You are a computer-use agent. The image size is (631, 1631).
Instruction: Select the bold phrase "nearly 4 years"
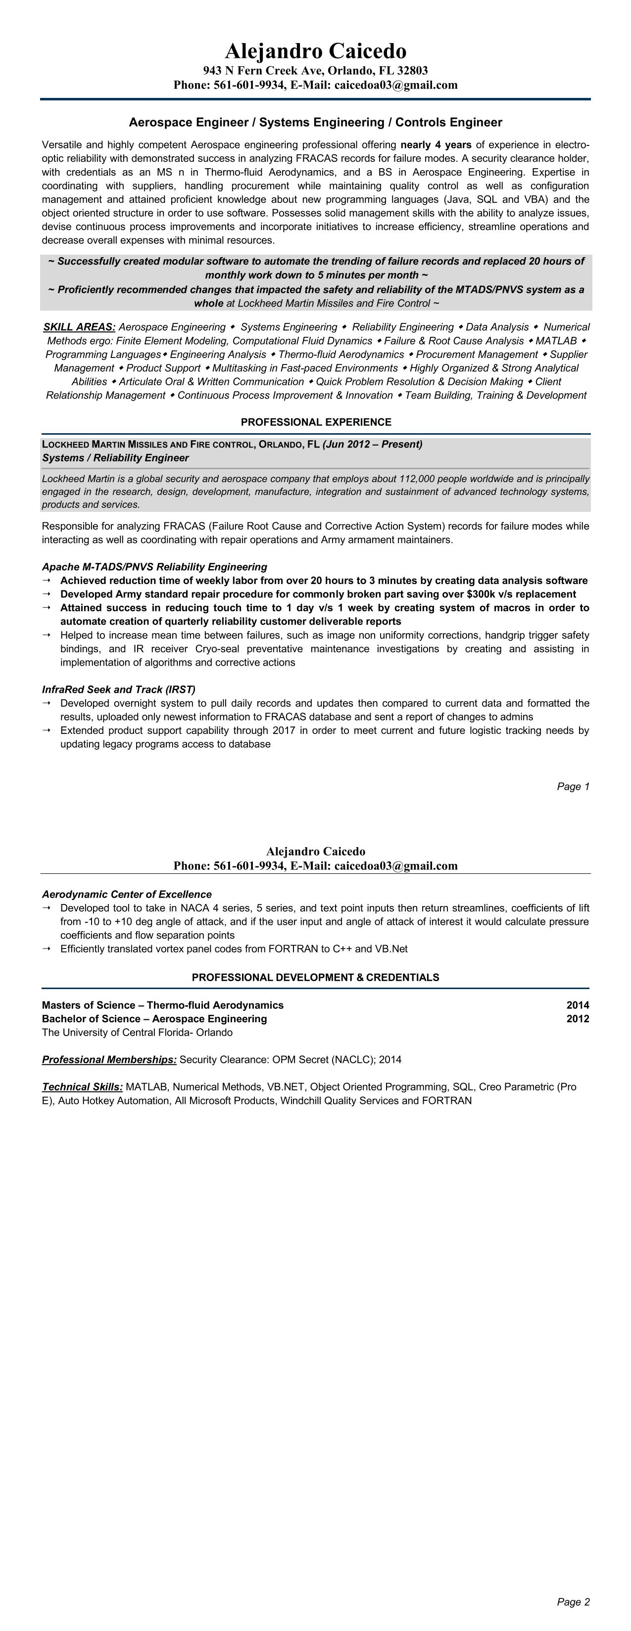point(436,145)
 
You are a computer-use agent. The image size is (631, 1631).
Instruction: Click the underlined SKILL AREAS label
point(79,327)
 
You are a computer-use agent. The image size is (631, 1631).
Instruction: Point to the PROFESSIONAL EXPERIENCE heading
point(316,422)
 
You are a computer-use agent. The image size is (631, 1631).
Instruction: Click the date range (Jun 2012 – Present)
point(373,444)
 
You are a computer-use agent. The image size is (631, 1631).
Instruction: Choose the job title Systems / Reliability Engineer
point(115,458)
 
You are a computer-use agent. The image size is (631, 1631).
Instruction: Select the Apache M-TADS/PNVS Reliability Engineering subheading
point(154,567)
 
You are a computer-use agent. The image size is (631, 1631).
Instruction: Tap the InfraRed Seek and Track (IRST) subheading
point(118,689)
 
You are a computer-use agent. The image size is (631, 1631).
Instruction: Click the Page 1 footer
point(573,786)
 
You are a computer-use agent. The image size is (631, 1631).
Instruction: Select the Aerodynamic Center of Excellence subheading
point(127,894)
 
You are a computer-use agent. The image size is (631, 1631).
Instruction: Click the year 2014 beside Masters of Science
point(577,1005)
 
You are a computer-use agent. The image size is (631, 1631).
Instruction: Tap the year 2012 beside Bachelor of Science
point(577,1019)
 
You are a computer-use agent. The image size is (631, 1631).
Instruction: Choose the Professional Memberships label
point(109,1059)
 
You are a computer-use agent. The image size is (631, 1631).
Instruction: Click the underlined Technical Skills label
point(82,1087)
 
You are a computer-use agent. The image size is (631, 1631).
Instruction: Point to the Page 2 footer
point(573,1602)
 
